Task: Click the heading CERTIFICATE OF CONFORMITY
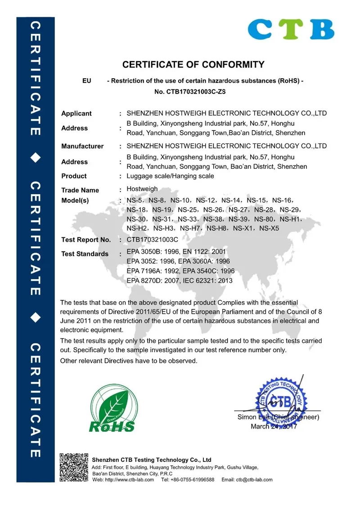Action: tap(193, 64)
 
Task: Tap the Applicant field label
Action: tap(76, 113)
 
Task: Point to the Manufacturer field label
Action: tap(82, 146)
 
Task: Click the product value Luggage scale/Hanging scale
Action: tap(171, 176)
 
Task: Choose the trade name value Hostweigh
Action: tap(142, 189)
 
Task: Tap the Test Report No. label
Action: tap(86, 240)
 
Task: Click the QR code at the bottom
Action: tap(73, 468)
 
